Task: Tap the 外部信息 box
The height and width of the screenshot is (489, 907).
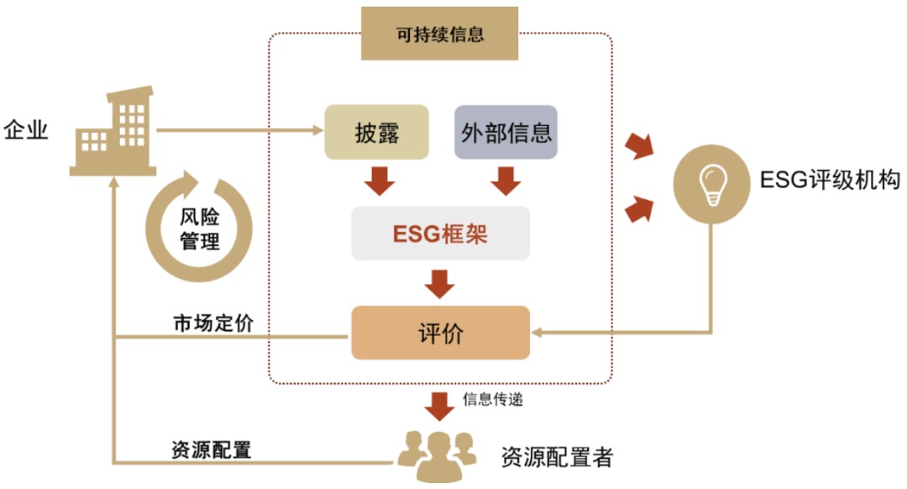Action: (506, 132)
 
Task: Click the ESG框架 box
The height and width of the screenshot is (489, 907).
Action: (441, 233)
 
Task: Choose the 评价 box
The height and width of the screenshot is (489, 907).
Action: (441, 334)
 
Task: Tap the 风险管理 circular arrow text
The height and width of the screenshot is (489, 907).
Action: (200, 229)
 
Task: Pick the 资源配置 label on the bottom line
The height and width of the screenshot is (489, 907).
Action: (211, 450)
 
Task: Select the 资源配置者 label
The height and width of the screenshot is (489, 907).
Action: (557, 457)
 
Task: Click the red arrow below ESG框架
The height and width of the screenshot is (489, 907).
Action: (440, 282)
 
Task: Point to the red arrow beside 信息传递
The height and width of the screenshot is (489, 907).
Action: (440, 404)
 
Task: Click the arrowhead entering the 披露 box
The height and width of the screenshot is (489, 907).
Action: (318, 130)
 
